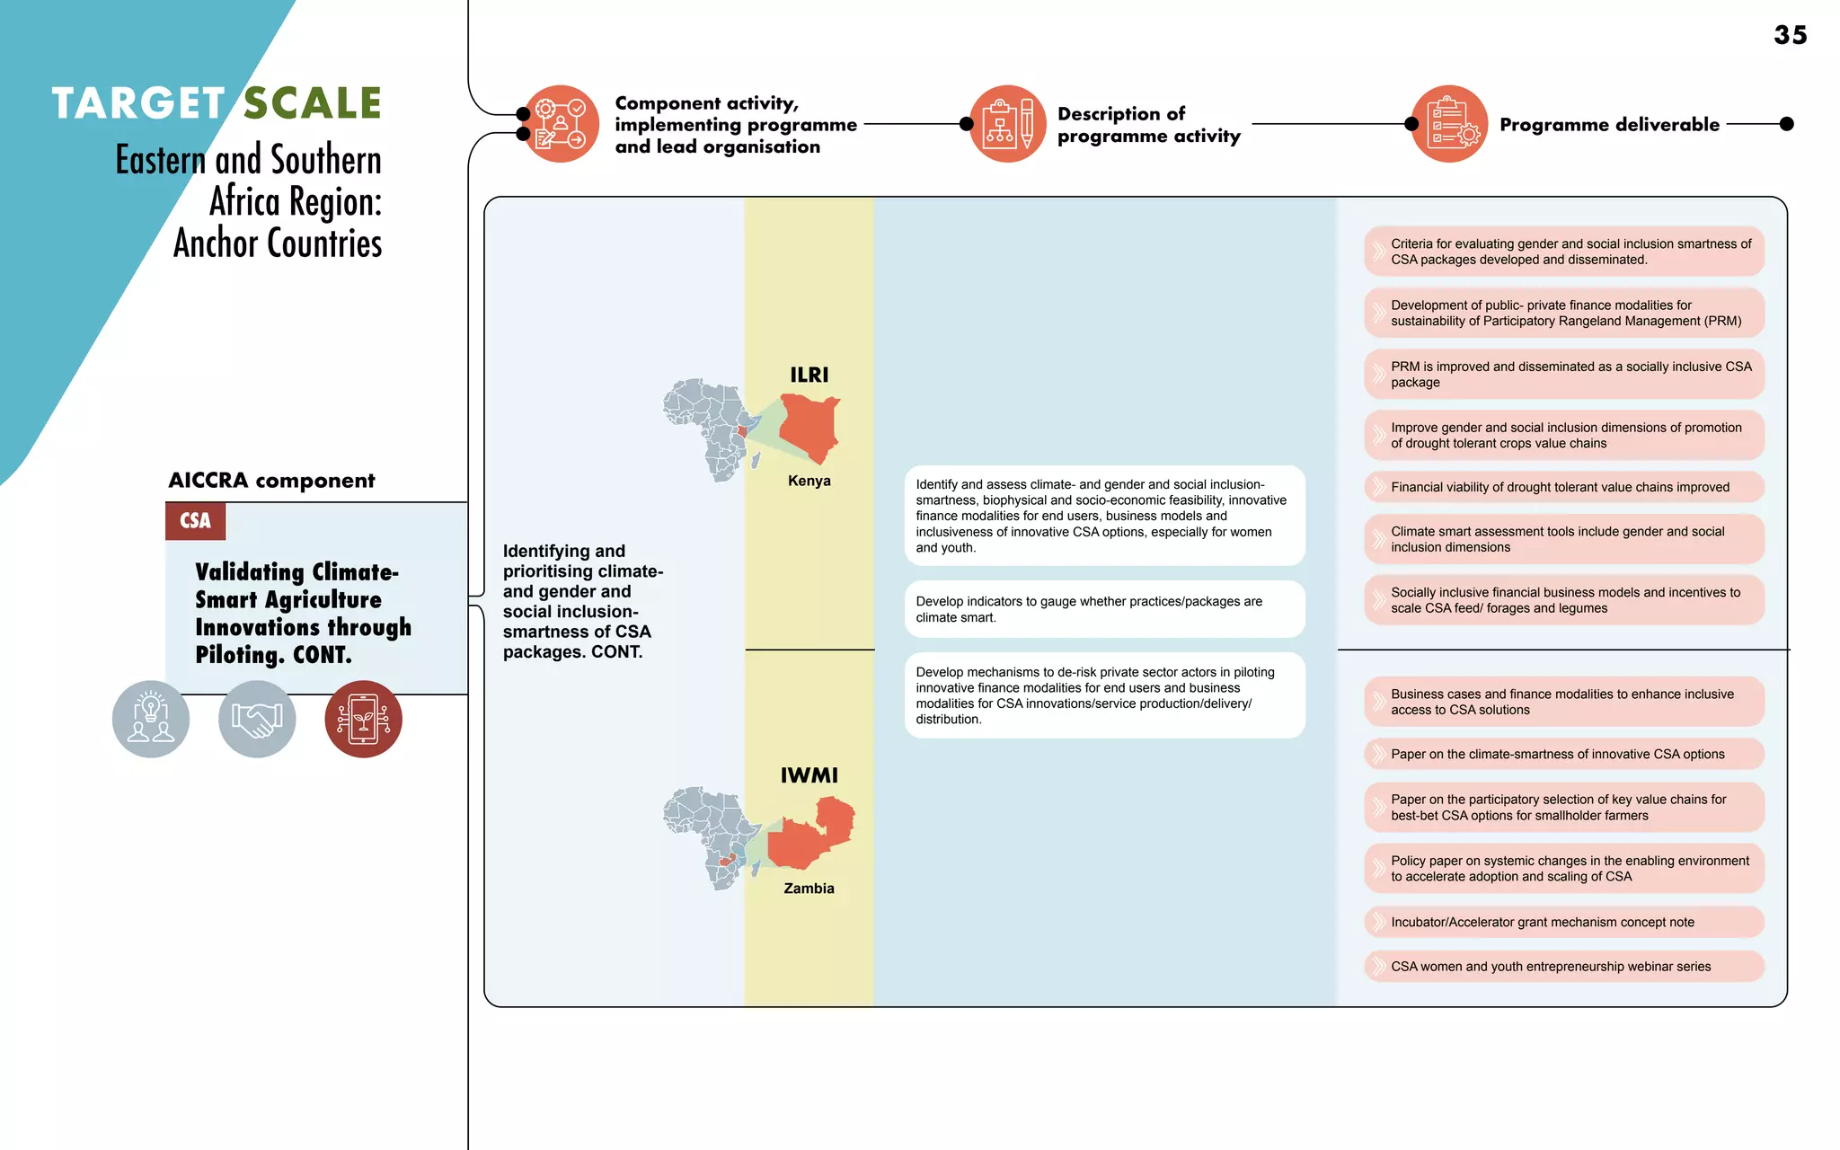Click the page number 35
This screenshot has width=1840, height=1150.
coord(1790,35)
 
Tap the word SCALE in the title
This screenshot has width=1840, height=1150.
coord(313,103)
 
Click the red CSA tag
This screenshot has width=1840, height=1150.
coord(195,521)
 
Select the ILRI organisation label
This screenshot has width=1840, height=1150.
coord(809,375)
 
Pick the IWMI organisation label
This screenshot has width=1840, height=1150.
coord(809,775)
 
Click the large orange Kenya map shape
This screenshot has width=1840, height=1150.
coord(809,428)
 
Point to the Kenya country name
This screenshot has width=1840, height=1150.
coord(809,481)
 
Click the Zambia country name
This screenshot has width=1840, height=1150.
coord(809,889)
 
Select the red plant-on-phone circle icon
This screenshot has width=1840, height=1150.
coord(363,719)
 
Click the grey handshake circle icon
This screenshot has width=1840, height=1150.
coord(257,719)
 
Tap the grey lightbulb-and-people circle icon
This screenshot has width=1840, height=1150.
coord(151,719)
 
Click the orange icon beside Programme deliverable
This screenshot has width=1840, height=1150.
coord(1450,124)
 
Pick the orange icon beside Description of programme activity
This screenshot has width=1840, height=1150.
coord(1008,124)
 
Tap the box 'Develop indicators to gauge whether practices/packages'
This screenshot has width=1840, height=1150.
coord(1104,609)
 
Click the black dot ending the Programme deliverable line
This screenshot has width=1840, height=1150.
coord(1786,124)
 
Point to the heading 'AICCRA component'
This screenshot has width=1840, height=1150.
coord(271,481)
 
